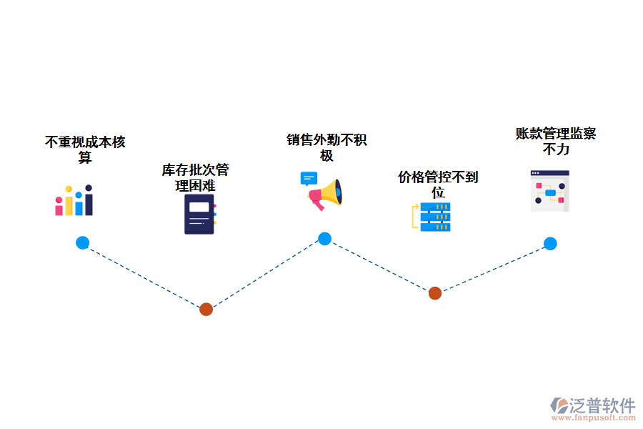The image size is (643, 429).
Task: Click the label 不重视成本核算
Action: (85, 149)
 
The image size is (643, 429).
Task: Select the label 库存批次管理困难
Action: (195, 177)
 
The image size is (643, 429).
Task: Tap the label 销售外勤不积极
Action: (327, 147)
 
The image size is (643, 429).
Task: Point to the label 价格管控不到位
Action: (438, 184)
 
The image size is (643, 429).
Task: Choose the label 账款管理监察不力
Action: (556, 141)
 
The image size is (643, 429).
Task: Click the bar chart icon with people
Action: (74, 201)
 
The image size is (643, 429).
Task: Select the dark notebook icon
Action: (200, 214)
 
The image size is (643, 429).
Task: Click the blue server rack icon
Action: (434, 217)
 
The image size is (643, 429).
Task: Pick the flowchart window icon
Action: (549, 191)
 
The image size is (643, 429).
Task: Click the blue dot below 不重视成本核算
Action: (83, 242)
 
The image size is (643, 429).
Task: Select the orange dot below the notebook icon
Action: (206, 309)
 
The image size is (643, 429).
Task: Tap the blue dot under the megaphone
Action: (324, 239)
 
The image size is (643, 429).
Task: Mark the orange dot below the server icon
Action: (434, 292)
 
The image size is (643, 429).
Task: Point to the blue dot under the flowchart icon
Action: (550, 243)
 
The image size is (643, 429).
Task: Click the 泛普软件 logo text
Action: (602, 405)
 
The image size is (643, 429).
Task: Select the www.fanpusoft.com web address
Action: (592, 419)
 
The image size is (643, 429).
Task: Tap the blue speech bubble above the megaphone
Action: (308, 178)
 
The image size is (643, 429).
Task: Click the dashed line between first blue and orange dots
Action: (143, 275)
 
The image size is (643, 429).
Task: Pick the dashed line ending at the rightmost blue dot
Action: (493, 267)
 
